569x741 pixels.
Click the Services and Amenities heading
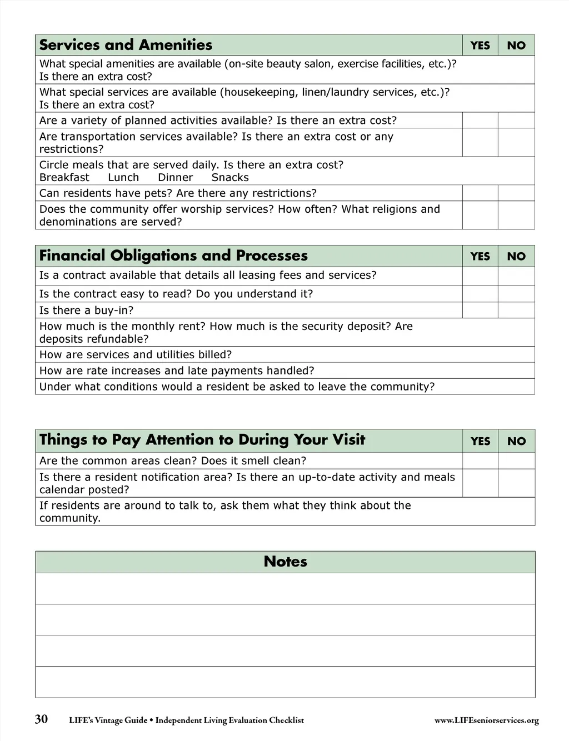(x=126, y=45)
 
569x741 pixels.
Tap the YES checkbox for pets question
(x=480, y=193)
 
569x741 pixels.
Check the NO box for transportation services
(x=516, y=143)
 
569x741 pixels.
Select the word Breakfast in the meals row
(x=64, y=178)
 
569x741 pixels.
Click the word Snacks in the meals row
(x=230, y=178)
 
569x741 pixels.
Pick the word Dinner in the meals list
(x=176, y=178)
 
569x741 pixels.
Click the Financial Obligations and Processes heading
(x=173, y=256)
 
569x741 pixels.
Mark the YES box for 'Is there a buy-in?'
(x=480, y=310)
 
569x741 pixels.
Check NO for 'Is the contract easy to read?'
(x=516, y=294)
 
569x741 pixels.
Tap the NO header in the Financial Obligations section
(x=516, y=256)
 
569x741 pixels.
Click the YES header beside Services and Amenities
(x=480, y=46)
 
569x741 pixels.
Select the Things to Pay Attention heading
(x=202, y=440)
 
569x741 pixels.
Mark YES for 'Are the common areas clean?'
(x=480, y=460)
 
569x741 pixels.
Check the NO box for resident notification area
(x=516, y=483)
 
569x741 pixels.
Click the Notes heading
(x=285, y=562)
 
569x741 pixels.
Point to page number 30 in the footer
(x=41, y=719)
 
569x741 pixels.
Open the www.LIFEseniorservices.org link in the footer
(x=486, y=720)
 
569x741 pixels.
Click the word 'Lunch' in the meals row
(x=123, y=178)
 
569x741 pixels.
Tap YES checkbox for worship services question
(x=480, y=215)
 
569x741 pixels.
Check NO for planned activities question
(x=516, y=121)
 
